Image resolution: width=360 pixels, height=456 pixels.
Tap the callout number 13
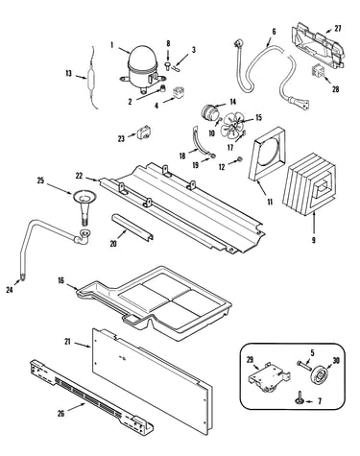click(x=69, y=74)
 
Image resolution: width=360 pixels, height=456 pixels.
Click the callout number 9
click(x=314, y=240)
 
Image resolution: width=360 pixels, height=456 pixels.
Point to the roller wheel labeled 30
click(x=318, y=373)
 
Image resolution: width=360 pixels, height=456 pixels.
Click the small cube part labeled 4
click(x=178, y=93)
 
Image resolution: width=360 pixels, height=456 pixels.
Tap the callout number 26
click(x=61, y=414)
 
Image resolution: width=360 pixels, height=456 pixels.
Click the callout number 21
click(x=67, y=342)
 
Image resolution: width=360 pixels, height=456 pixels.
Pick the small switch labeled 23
click(x=142, y=133)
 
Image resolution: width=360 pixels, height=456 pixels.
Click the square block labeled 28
click(x=318, y=71)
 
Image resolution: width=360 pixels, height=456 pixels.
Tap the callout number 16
click(x=60, y=280)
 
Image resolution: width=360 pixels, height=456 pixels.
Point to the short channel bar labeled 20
click(x=132, y=227)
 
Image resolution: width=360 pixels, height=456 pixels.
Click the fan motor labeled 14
click(x=210, y=112)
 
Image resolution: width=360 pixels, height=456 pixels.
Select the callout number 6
click(x=274, y=32)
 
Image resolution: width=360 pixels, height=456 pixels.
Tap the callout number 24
click(x=10, y=290)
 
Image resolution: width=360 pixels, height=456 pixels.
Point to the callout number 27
click(x=338, y=28)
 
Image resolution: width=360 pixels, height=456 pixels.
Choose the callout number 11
click(x=270, y=202)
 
